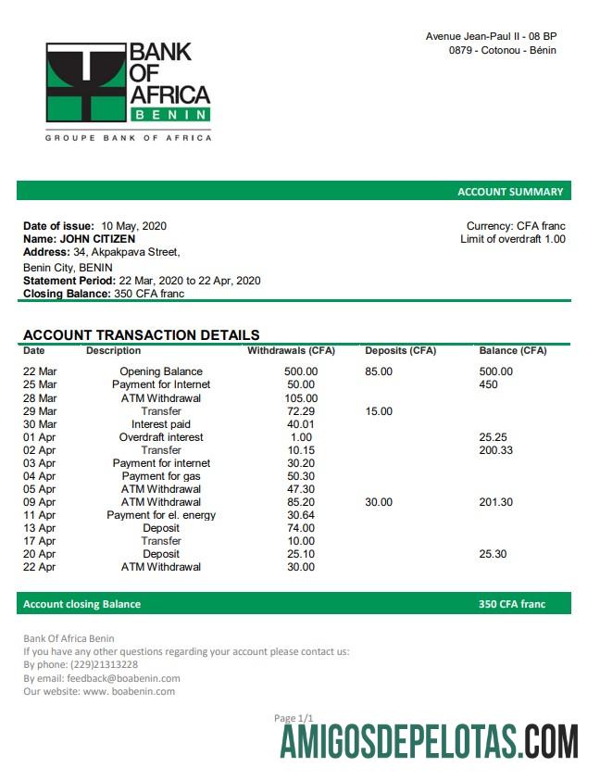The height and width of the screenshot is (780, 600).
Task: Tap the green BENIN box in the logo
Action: point(170,115)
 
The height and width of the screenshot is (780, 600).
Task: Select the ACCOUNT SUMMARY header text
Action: point(510,192)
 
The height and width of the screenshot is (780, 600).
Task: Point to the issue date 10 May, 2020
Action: point(134,226)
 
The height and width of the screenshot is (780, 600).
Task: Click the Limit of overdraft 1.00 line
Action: point(512,239)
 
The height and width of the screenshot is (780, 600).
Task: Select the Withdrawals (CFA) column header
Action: point(291,351)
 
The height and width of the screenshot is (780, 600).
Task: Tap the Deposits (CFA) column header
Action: point(400,351)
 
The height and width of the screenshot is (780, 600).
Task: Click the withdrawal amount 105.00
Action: point(301,398)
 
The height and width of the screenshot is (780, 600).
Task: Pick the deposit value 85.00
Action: point(378,371)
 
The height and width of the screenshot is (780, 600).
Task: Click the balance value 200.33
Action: point(495,450)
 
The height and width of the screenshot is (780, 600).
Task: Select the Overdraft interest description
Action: point(161,437)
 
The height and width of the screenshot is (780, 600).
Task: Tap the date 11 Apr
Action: point(40,515)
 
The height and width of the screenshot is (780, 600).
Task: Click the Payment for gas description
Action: point(161,476)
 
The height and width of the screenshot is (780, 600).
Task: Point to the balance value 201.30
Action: point(495,502)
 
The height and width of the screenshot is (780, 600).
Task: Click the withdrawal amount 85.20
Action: point(301,502)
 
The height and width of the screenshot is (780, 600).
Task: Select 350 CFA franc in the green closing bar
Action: point(512,604)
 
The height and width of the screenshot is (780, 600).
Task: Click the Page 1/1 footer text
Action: point(294,718)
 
